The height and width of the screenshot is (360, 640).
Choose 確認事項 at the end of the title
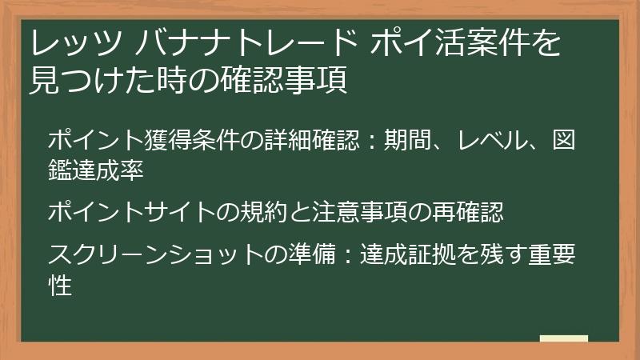coord(296,80)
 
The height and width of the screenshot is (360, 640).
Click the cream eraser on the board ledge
coord(563,339)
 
